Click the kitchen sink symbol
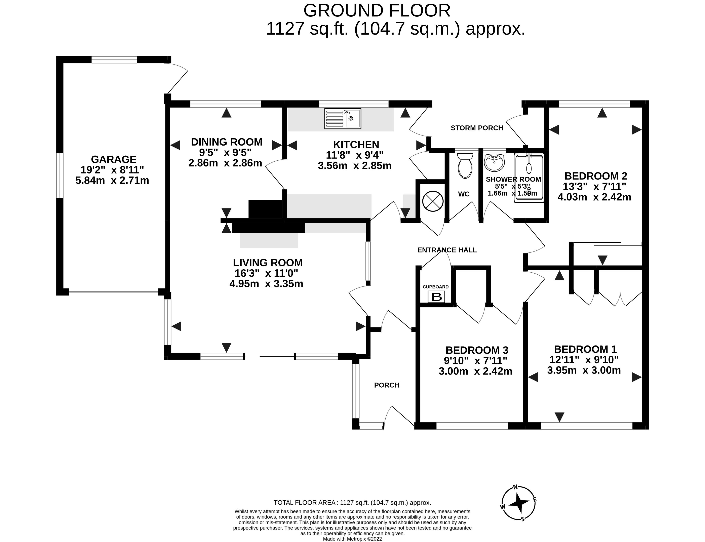(x=343, y=119)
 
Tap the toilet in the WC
(x=465, y=165)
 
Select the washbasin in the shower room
(x=494, y=163)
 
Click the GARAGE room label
(x=114, y=159)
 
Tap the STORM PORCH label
(x=477, y=128)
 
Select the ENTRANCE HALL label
(x=447, y=250)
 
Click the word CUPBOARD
(x=436, y=287)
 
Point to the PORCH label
(x=387, y=385)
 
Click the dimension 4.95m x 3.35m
(x=266, y=284)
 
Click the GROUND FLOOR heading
(x=377, y=11)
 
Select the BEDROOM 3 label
(x=477, y=350)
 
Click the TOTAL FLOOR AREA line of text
(x=352, y=503)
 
